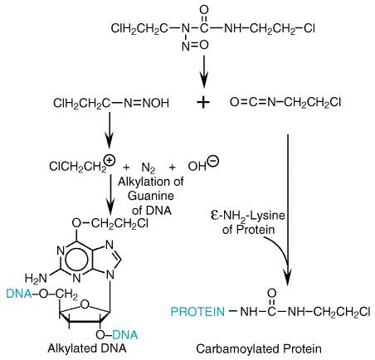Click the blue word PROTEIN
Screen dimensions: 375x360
[x=197, y=312]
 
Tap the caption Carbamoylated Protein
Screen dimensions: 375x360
[x=259, y=348]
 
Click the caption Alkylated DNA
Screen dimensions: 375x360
[x=87, y=348]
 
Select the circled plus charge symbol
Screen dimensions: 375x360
[x=110, y=160]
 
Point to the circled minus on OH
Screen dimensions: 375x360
[x=213, y=161]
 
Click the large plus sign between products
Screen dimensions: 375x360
[x=203, y=103]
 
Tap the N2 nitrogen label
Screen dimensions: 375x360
[x=149, y=168]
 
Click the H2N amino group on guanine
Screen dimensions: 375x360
[x=36, y=278]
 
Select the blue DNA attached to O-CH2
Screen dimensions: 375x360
[x=19, y=294]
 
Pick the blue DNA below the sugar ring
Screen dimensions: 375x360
[x=125, y=335]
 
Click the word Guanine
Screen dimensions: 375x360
[x=151, y=196]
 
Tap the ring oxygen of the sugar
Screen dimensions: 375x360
[x=85, y=304]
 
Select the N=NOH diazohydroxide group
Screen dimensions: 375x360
[x=147, y=103]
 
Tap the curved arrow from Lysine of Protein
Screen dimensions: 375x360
[x=277, y=249]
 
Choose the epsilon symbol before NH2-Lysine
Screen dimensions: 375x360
[x=215, y=215]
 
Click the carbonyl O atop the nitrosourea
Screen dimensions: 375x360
[x=204, y=10]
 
